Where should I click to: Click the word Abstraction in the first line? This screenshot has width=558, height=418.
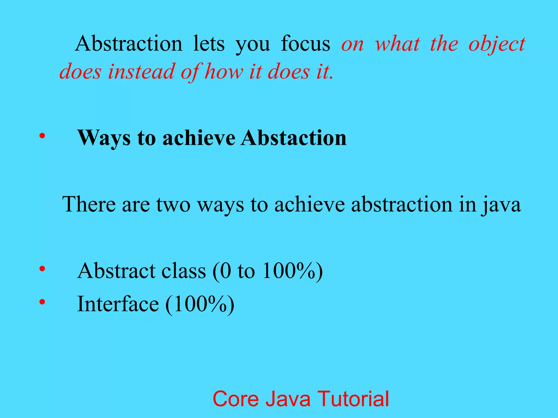[x=129, y=44]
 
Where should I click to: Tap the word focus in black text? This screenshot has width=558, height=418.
[x=305, y=44]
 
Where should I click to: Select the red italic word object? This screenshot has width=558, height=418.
[x=497, y=44]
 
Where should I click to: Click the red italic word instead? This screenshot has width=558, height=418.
[x=141, y=72]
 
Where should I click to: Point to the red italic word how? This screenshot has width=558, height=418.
[x=224, y=72]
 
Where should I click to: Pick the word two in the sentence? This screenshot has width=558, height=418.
[x=173, y=204]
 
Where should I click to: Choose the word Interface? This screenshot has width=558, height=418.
[x=118, y=304]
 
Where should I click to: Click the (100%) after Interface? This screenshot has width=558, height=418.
[x=200, y=304]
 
